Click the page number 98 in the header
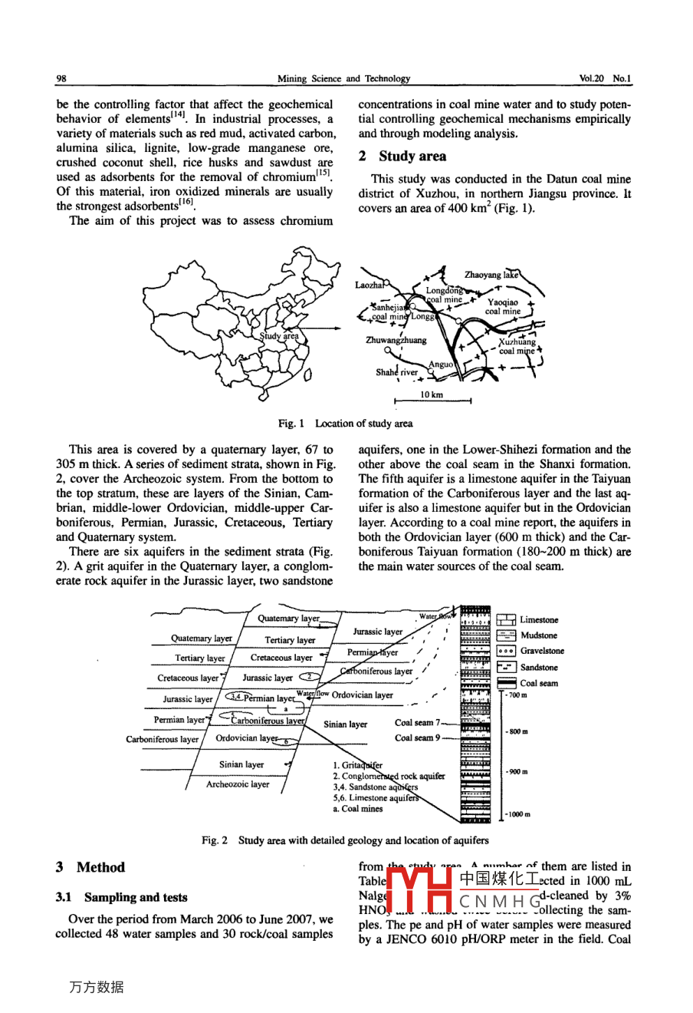(61, 78)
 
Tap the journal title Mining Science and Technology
(343, 78)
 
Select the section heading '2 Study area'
(402, 157)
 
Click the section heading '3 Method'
(90, 867)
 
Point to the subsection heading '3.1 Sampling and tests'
(121, 897)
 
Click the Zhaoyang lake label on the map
(491, 275)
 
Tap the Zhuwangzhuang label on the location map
(396, 340)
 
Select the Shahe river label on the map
(396, 372)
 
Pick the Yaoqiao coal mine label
(503, 307)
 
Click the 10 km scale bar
(432, 400)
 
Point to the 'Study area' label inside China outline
(279, 336)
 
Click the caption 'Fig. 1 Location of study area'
(345, 424)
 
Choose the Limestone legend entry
(539, 620)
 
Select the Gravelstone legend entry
(542, 651)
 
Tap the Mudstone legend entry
(538, 635)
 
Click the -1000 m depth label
(517, 814)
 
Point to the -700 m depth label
(516, 695)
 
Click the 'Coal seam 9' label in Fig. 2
(417, 738)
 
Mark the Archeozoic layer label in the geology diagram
(238, 784)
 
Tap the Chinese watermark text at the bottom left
(96, 988)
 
